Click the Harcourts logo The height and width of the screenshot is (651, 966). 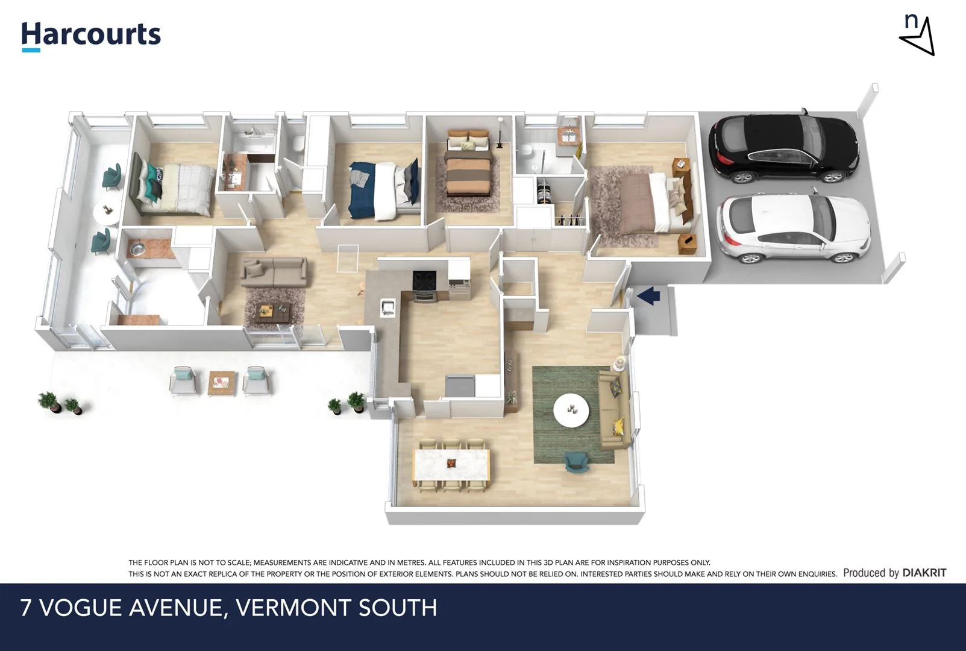coord(91,35)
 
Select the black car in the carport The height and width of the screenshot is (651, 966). coord(784,148)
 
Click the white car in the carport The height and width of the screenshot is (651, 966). coord(794,229)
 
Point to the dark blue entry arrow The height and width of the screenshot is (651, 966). coord(649,296)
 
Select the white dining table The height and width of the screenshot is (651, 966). coord(451,465)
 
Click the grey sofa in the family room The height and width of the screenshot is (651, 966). coord(274,272)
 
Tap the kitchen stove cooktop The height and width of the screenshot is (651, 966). coord(424,281)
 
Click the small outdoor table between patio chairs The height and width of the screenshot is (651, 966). coord(222,383)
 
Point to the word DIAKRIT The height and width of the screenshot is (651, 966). coord(924,573)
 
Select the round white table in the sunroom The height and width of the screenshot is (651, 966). coord(106,212)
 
